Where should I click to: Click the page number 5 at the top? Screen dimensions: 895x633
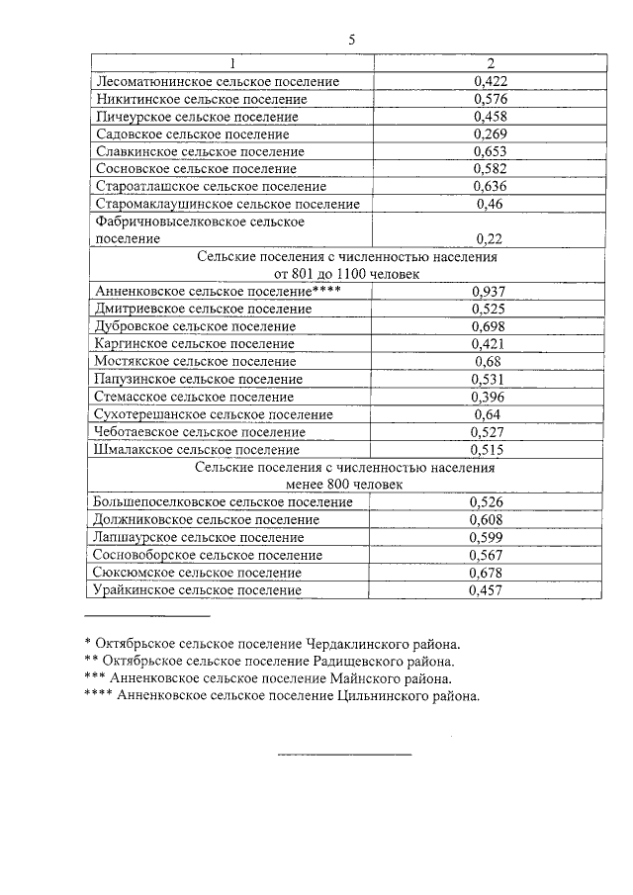(351, 40)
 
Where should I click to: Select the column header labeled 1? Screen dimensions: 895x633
(231, 63)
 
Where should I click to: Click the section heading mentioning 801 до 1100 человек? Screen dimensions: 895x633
(346, 273)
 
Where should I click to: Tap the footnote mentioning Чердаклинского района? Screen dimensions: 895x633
(272, 643)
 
